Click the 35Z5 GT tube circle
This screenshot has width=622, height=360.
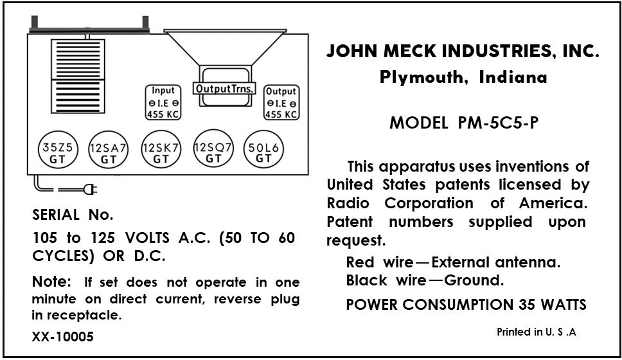(x=57, y=153)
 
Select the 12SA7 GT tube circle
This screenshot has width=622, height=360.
(x=108, y=153)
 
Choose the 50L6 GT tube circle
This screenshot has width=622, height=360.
(x=263, y=152)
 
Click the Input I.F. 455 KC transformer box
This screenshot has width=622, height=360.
(x=162, y=103)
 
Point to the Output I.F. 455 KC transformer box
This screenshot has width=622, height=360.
(x=281, y=104)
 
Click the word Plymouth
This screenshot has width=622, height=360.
(x=416, y=78)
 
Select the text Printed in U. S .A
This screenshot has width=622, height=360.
(x=537, y=332)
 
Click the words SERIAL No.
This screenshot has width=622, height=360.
(x=73, y=214)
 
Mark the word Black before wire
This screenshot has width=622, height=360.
(x=366, y=280)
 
